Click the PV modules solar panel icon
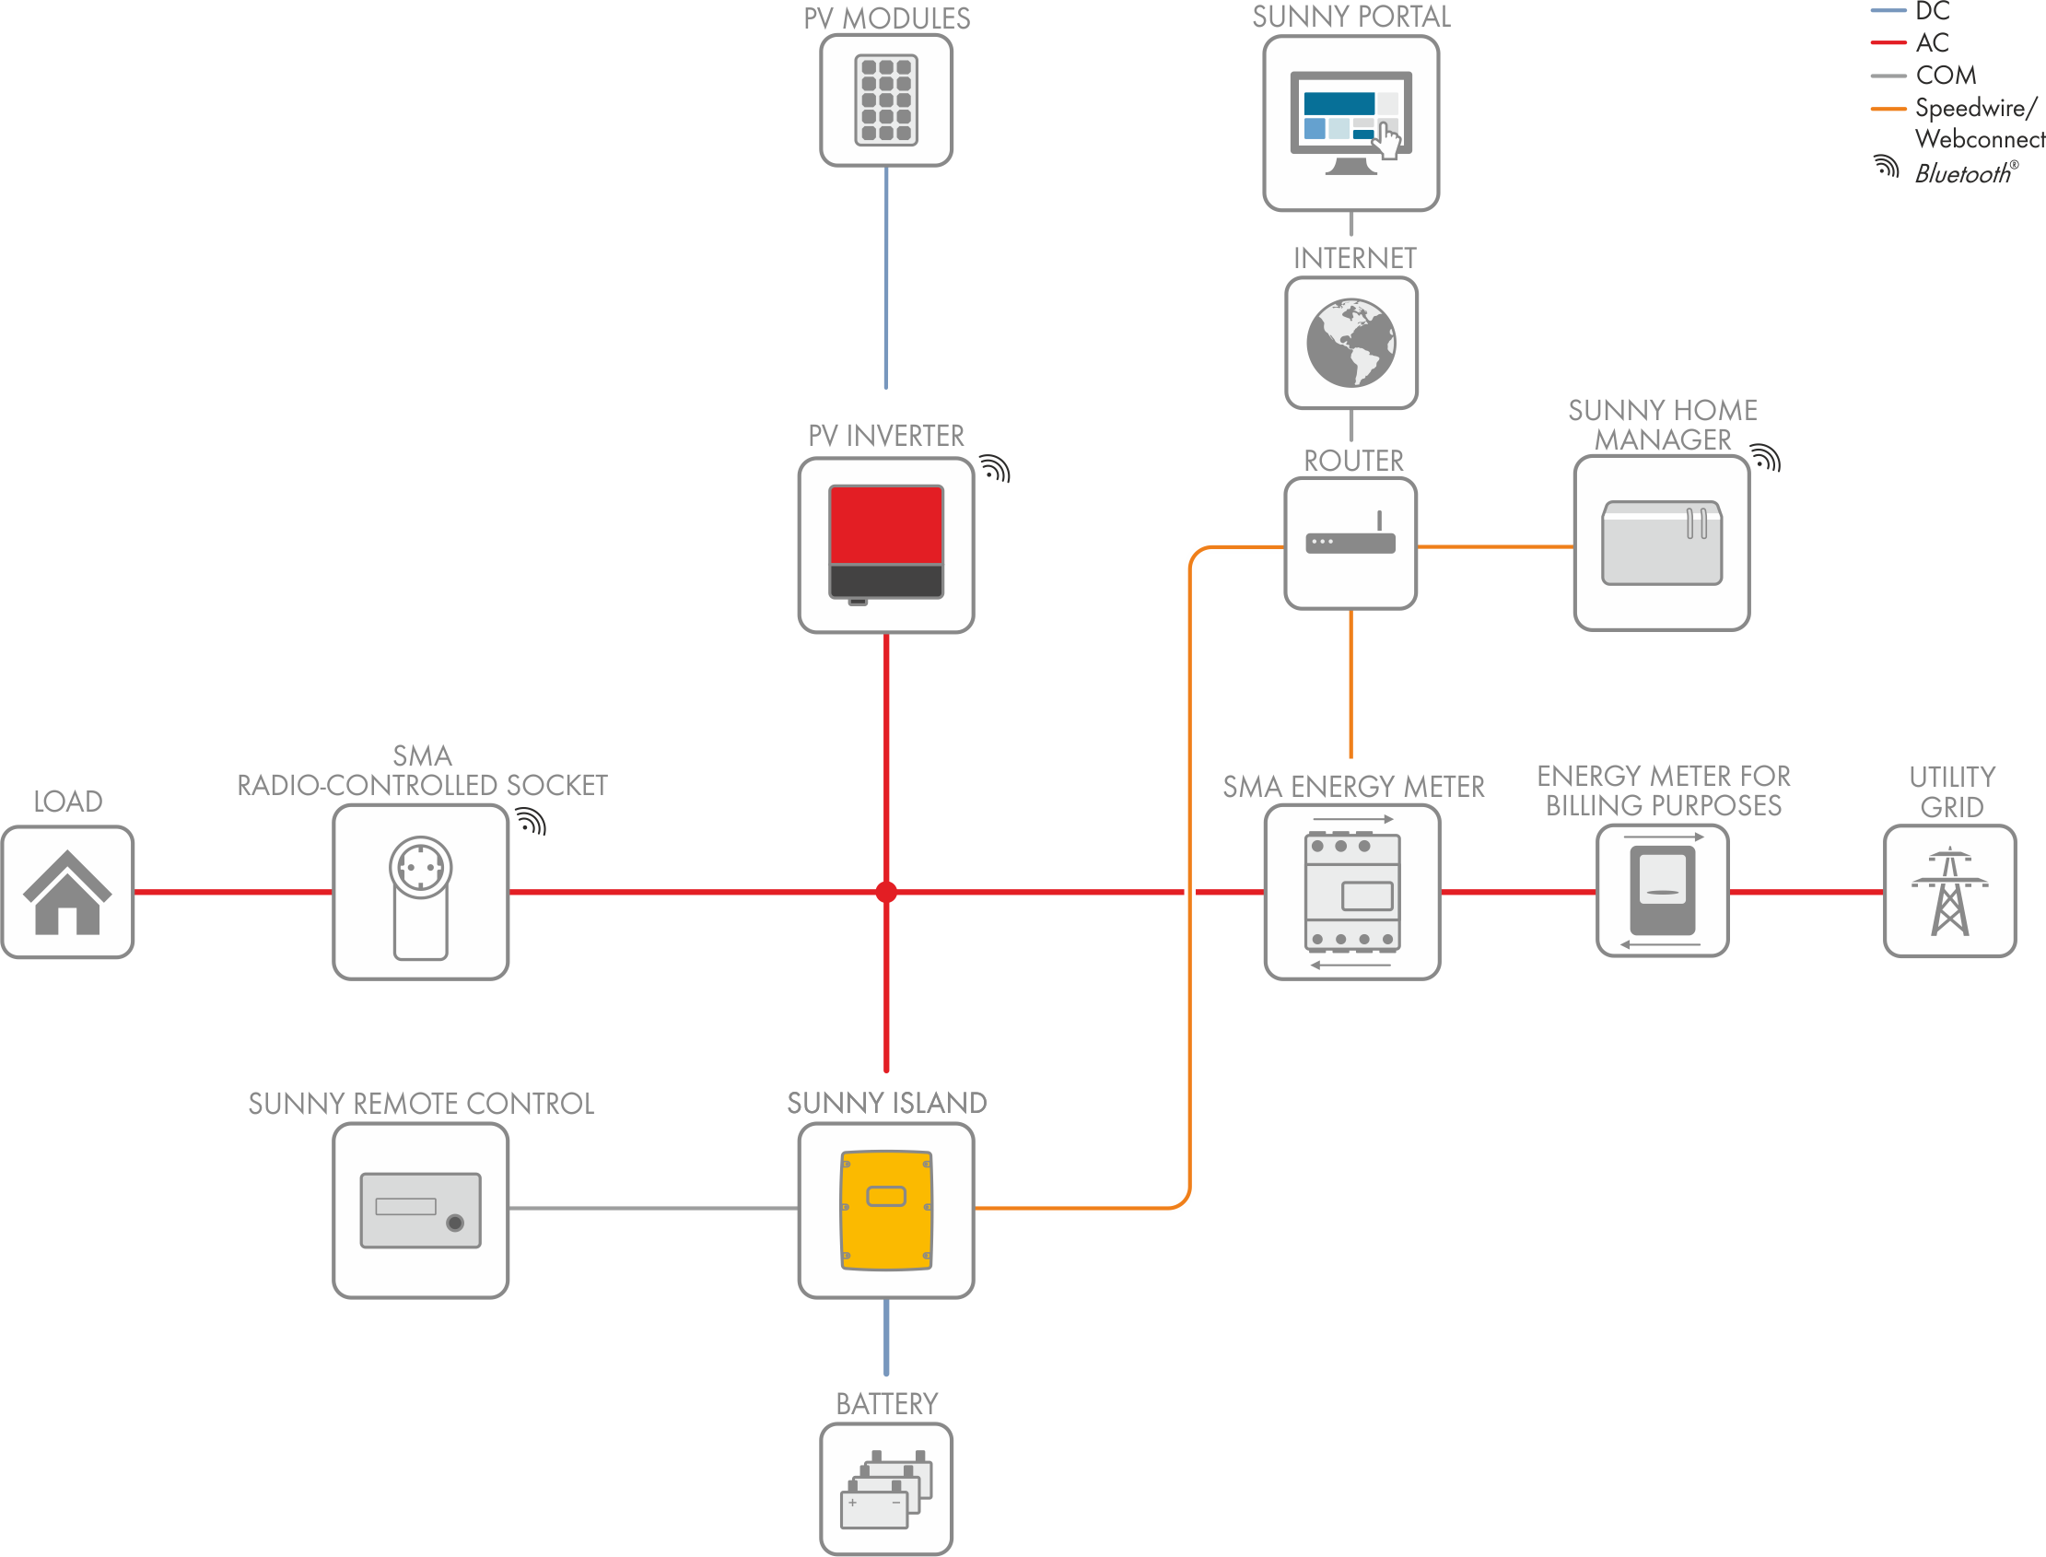886,100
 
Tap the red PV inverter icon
886,543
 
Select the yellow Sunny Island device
886,1210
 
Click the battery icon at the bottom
886,1491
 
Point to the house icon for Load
66,892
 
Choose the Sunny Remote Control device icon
421,1211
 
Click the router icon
1350,534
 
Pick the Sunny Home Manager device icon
1663,543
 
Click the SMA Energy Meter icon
1352,892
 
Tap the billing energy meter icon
1663,891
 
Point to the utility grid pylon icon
1949,891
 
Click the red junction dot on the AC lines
886,892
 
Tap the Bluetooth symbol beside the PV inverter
995,469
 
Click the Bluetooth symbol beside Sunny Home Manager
1766,458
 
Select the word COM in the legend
1946,75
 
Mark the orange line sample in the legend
1888,109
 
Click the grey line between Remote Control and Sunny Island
653,1209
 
